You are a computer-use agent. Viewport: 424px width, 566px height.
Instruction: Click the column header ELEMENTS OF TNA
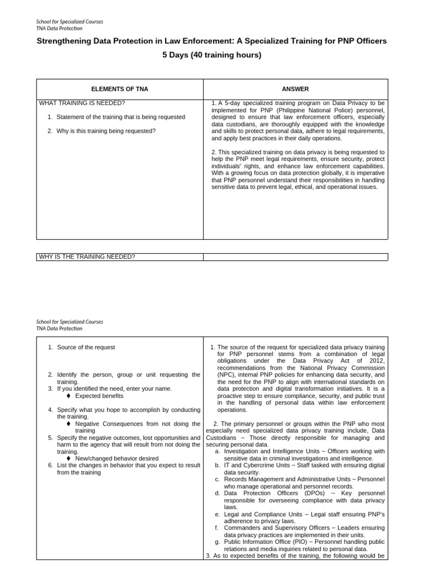tap(119, 89)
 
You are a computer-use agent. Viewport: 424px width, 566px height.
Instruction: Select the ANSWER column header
tap(295, 89)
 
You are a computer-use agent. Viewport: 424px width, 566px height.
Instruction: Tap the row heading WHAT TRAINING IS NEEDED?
tap(82, 103)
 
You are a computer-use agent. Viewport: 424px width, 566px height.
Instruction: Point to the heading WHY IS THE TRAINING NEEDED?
tap(87, 256)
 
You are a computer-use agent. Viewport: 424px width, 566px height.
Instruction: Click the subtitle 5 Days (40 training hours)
tap(211, 55)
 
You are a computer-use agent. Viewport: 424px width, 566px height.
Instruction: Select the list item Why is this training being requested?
tap(105, 131)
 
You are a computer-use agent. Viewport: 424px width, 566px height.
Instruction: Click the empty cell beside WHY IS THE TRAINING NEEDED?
tap(295, 256)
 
